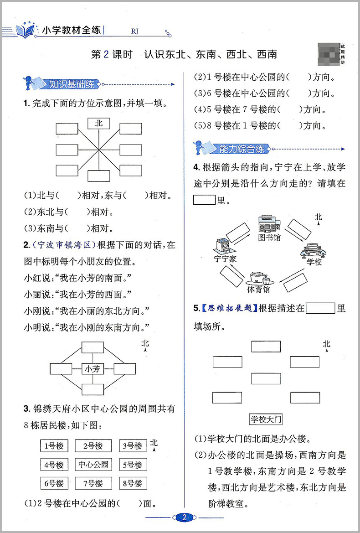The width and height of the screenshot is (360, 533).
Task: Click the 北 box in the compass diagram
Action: pyautogui.click(x=99, y=123)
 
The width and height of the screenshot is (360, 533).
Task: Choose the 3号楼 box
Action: pyautogui.click(x=133, y=446)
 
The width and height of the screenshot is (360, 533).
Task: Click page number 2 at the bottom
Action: pyautogui.click(x=184, y=517)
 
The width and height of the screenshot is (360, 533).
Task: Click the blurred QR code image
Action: pyautogui.click(x=327, y=53)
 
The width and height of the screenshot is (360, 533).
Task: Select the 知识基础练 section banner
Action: pyautogui.click(x=65, y=84)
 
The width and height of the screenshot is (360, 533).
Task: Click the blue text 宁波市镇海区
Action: pyautogui.click(x=63, y=245)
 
